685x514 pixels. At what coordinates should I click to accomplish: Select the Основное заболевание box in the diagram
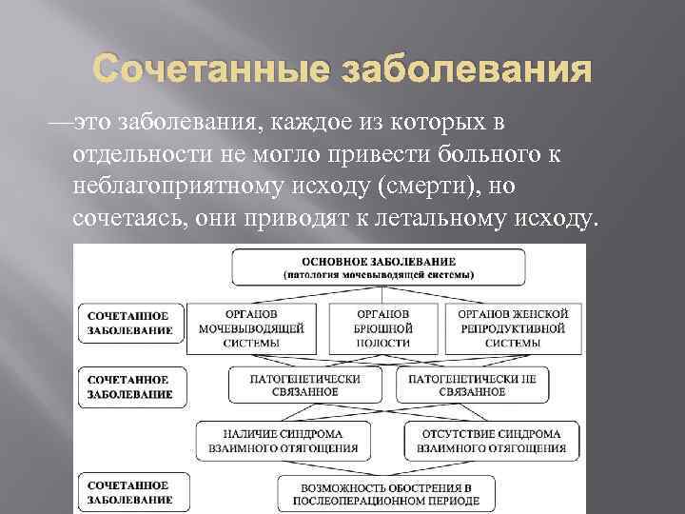coord(379,267)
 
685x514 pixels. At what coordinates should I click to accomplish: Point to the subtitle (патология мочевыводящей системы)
coord(379,274)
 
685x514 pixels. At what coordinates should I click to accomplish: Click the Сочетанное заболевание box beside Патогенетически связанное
coord(130,385)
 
